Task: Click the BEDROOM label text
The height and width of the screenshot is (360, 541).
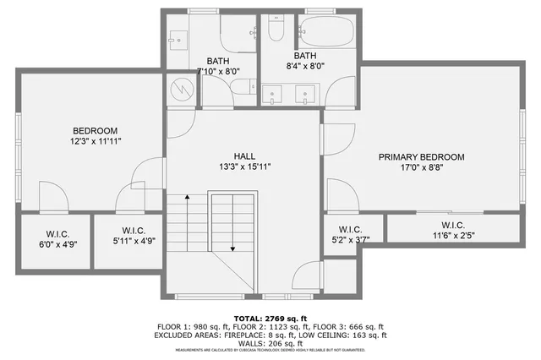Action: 94,130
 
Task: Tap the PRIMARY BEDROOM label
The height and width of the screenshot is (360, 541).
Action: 421,157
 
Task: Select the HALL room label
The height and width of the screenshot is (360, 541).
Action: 244,156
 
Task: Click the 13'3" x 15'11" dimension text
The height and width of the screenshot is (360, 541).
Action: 244,166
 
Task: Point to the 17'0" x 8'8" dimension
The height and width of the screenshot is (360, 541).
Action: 421,167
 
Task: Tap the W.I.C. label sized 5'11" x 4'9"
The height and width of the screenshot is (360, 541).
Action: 134,230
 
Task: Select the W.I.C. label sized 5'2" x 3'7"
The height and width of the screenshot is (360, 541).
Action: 350,229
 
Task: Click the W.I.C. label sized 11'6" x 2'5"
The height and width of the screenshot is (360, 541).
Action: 453,225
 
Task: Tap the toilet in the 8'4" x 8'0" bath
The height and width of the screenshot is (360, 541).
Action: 276,30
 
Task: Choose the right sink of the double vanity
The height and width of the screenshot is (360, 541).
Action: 304,93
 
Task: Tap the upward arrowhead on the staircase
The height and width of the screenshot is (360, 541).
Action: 187,198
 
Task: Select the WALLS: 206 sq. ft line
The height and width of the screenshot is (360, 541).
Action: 270,343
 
